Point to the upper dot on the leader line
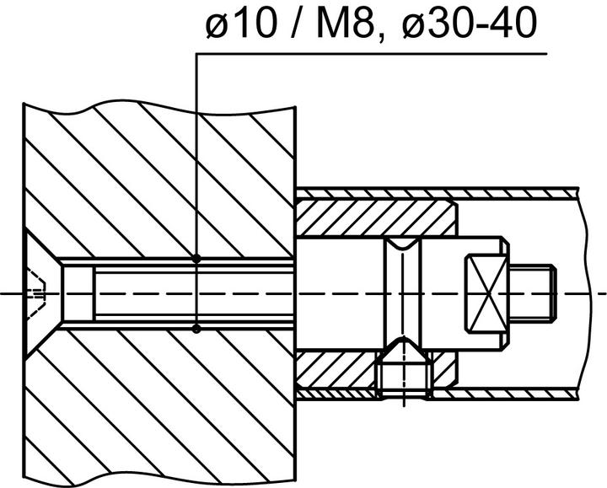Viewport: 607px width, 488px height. pyautogui.click(x=196, y=259)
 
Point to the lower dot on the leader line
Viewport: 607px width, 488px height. pyautogui.click(x=196, y=328)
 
